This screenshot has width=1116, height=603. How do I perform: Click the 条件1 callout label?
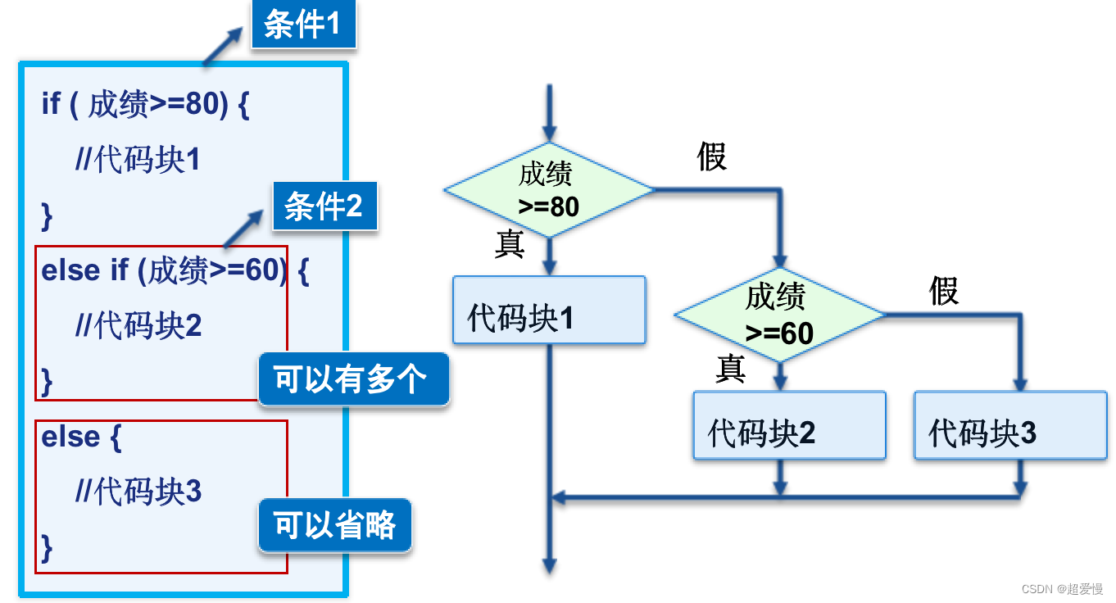pyautogui.click(x=303, y=25)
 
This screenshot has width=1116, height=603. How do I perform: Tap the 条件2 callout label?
pyautogui.click(x=324, y=206)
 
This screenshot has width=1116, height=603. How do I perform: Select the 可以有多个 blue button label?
pyautogui.click(x=352, y=379)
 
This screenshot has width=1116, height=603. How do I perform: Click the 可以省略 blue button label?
pyautogui.click(x=334, y=525)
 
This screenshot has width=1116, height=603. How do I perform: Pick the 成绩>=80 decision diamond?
pyautogui.click(x=549, y=190)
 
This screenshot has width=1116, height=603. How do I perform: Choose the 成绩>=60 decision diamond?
pyautogui.click(x=779, y=315)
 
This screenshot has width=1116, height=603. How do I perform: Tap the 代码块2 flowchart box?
pyautogui.click(x=789, y=425)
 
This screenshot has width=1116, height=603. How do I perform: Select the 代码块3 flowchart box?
pyautogui.click(x=1010, y=425)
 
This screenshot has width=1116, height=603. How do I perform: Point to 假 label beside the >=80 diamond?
pyautogui.click(x=712, y=156)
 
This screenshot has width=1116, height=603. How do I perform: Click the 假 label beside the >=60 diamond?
pyautogui.click(x=944, y=291)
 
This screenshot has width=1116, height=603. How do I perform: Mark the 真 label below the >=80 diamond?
pyautogui.click(x=510, y=244)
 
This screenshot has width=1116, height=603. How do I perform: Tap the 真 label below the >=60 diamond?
pyautogui.click(x=730, y=370)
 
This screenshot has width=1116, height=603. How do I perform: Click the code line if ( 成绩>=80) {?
pyautogui.click(x=145, y=105)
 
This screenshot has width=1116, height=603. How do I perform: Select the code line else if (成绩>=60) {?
pyautogui.click(x=175, y=270)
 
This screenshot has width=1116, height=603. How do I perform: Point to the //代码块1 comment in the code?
pyautogui.click(x=138, y=160)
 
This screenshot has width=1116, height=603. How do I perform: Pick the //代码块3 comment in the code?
pyautogui.click(x=138, y=492)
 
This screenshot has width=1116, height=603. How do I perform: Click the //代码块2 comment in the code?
pyautogui.click(x=138, y=326)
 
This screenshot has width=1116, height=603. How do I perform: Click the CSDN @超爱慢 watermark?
pyautogui.click(x=1063, y=589)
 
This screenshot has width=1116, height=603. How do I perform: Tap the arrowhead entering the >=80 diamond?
pyautogui.click(x=549, y=134)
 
